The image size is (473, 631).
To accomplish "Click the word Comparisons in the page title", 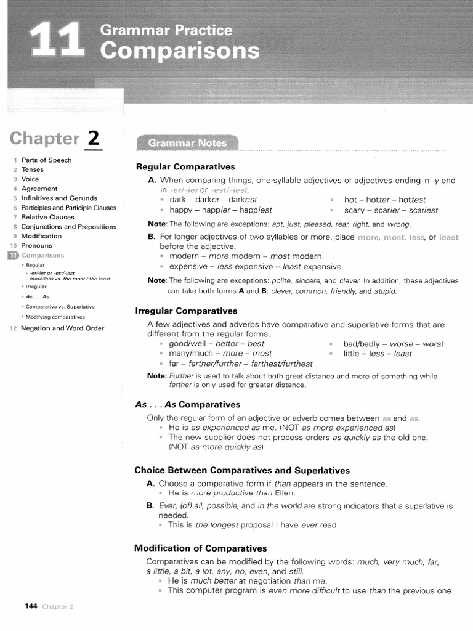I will click(x=180, y=51).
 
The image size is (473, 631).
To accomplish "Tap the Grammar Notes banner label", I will click(x=187, y=143).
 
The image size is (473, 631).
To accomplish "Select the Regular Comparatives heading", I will click(x=185, y=167).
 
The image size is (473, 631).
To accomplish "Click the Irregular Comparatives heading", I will click(x=186, y=311).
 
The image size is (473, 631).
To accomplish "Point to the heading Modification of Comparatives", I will click(x=200, y=548).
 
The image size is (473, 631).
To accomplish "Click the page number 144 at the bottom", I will click(x=31, y=606).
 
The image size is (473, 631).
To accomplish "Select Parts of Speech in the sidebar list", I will click(x=46, y=160).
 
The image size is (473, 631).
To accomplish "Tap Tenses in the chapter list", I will click(x=33, y=169).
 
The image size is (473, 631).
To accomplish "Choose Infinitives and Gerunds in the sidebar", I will click(x=59, y=198).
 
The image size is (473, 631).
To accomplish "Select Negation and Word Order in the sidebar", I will click(x=62, y=328).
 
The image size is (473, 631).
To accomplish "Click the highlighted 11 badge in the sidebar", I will click(x=12, y=255).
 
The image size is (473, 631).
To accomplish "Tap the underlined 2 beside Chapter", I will click(x=93, y=138).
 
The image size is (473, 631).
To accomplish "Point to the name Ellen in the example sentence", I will click(x=285, y=493).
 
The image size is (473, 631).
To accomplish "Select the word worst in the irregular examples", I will click(x=433, y=344).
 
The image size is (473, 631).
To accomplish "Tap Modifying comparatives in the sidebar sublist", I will click(x=55, y=317).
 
